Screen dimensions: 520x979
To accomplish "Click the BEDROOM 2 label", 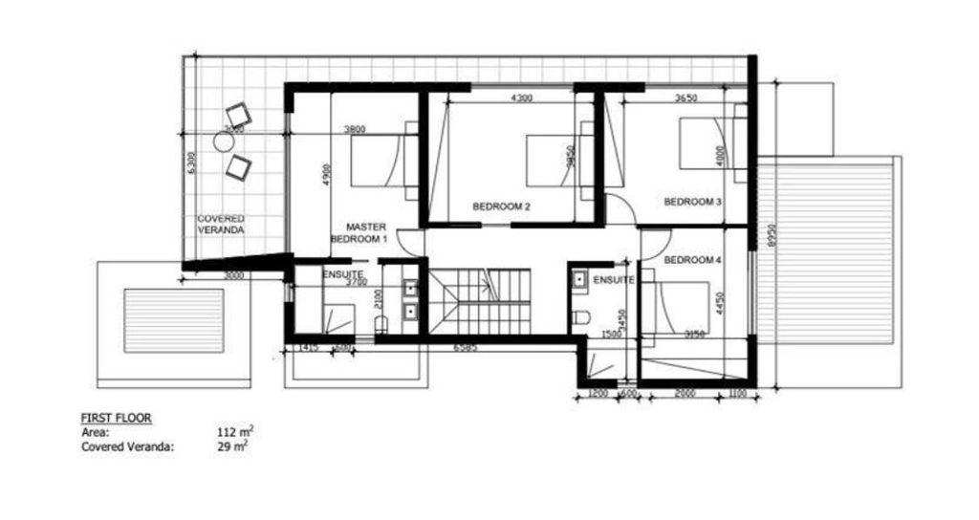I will tap(501, 206).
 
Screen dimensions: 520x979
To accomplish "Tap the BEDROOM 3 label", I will tap(692, 202).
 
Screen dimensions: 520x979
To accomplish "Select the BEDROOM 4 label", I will tap(692, 260).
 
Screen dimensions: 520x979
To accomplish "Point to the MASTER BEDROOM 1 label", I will tap(359, 233).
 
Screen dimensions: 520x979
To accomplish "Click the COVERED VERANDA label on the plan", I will tap(221, 225).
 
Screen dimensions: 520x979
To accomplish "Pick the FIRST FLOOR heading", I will tap(117, 419).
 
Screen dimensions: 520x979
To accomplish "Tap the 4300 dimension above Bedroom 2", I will tap(521, 97).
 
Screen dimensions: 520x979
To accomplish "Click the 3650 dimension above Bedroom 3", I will tap(686, 97).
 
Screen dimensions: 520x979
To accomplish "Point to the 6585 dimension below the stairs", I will tap(467, 346).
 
